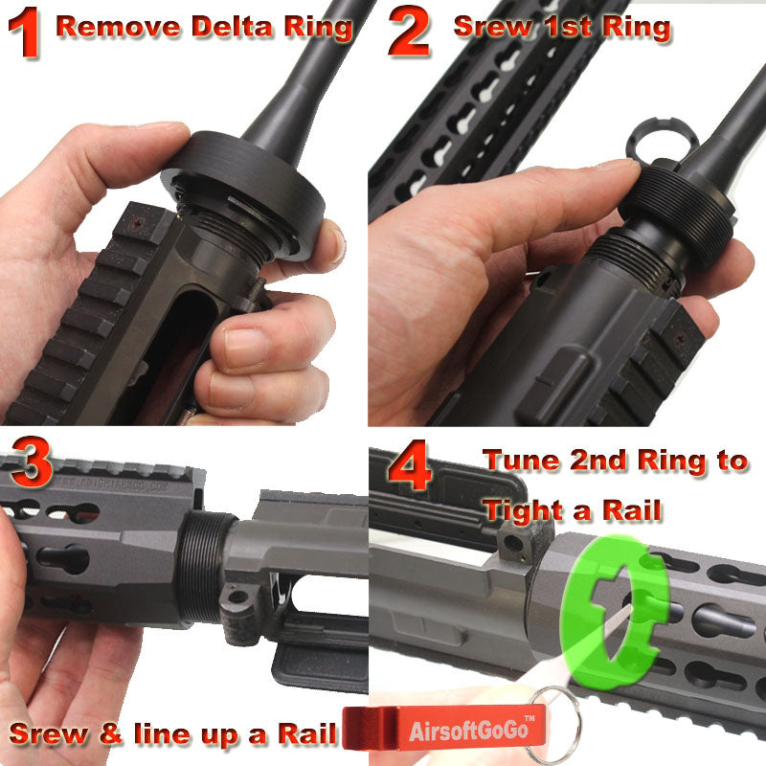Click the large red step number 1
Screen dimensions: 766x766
point(24,33)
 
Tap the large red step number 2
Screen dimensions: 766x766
point(410,32)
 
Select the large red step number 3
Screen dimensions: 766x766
point(32,462)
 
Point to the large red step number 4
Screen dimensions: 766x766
point(410,464)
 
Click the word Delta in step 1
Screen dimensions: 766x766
point(232,27)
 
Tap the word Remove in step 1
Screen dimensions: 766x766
point(118,27)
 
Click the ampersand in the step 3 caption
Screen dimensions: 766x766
point(110,733)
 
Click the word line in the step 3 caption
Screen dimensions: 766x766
point(162,733)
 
